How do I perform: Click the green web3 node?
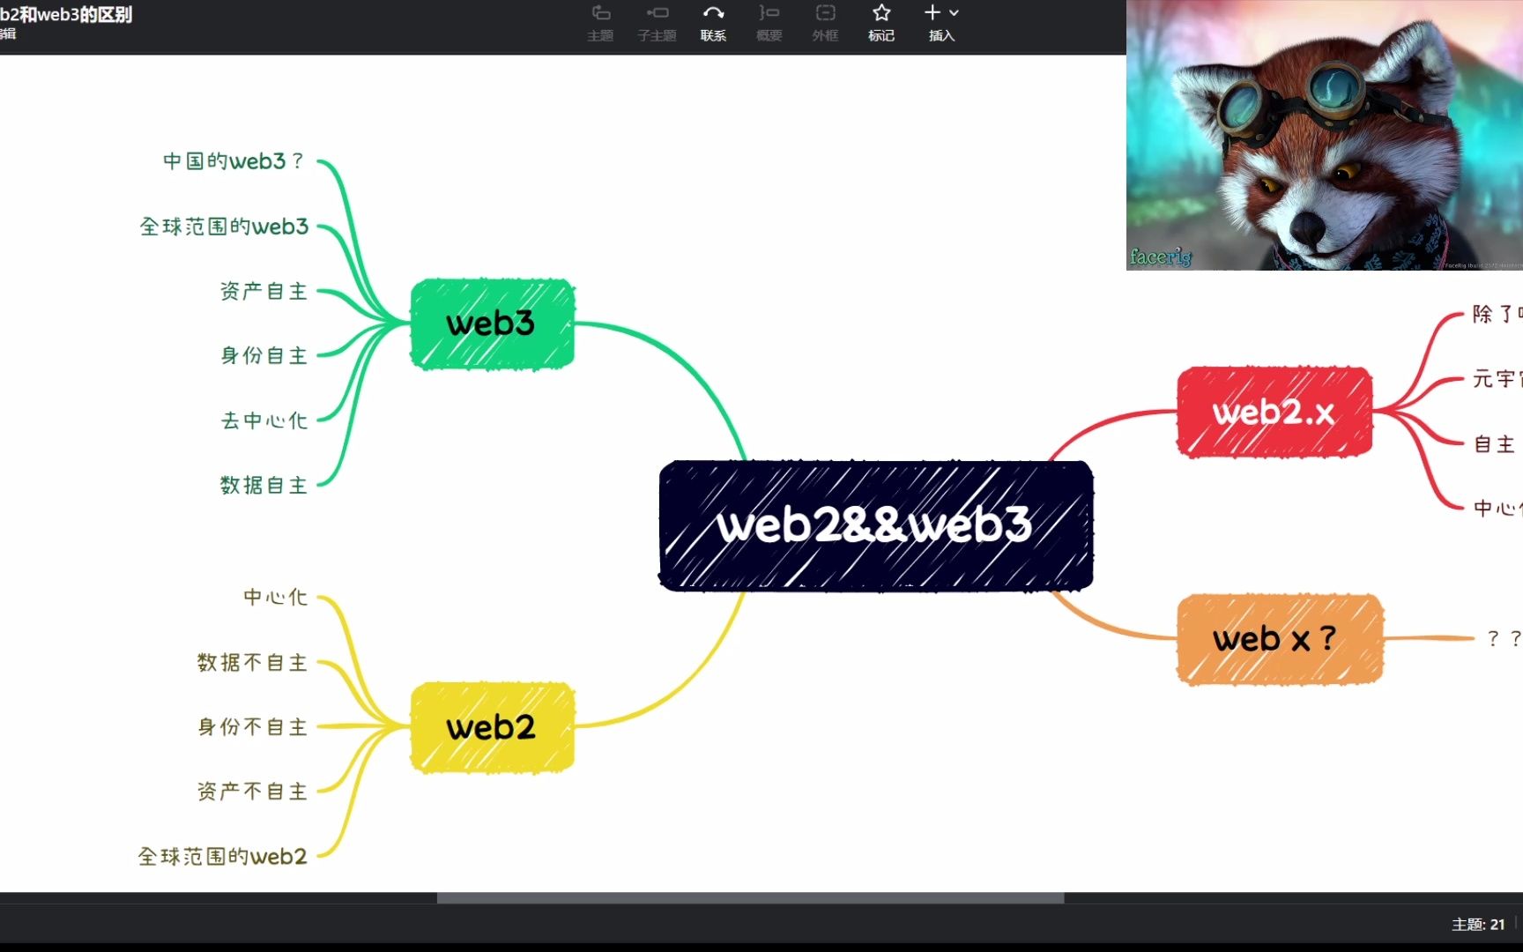coord(492,324)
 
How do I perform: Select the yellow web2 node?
coord(492,727)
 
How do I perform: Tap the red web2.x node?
coord(1274,412)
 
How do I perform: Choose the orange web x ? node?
coord(1279,639)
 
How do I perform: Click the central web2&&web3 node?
coord(875,525)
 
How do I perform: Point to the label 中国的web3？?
coord(234,161)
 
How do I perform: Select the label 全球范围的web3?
coord(224,227)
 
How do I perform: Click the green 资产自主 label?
coord(264,291)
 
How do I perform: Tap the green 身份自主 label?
coord(264,355)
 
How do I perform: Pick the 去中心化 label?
coord(264,420)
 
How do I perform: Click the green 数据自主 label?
coord(264,485)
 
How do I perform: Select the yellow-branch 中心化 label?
coord(275,597)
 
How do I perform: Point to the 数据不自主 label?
coord(252,662)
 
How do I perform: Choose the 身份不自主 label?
coord(252,726)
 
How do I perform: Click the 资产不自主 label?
coord(252,791)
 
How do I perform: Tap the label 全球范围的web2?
coord(222,856)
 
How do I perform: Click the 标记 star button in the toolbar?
coord(881,22)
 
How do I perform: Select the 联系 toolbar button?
coord(713,22)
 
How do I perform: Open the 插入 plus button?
coord(940,22)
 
